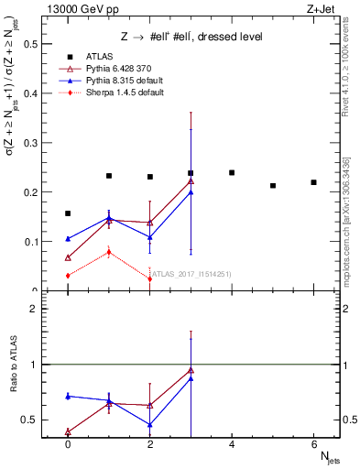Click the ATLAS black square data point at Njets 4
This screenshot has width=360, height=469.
coord(232,172)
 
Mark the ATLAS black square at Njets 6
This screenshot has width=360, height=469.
coord(313,182)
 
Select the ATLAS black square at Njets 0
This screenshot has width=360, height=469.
coord(68,213)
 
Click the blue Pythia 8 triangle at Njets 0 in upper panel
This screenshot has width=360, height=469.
coord(68,239)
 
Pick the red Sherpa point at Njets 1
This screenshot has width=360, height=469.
coord(108,252)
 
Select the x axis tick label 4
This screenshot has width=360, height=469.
coord(232,445)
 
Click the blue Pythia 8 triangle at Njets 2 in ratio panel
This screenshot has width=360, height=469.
coord(149,425)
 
